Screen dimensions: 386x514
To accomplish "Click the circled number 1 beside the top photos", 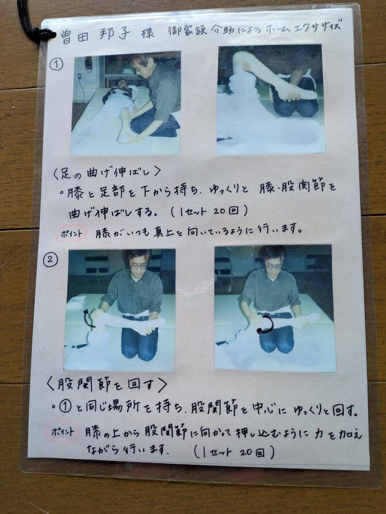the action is [56, 64].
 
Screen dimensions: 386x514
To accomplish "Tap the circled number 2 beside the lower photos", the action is [50, 260].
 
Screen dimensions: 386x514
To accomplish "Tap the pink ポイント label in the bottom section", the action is [62, 432].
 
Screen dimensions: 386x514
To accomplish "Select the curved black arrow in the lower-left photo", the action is [88, 318].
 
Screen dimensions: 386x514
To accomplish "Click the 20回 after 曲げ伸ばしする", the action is [226, 211].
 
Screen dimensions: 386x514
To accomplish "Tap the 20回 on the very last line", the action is [252, 453].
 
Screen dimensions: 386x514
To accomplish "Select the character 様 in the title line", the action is [148, 33].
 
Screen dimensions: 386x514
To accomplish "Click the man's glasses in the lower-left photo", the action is [138, 265].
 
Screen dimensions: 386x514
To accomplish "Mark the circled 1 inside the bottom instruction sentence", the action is [65, 407].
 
